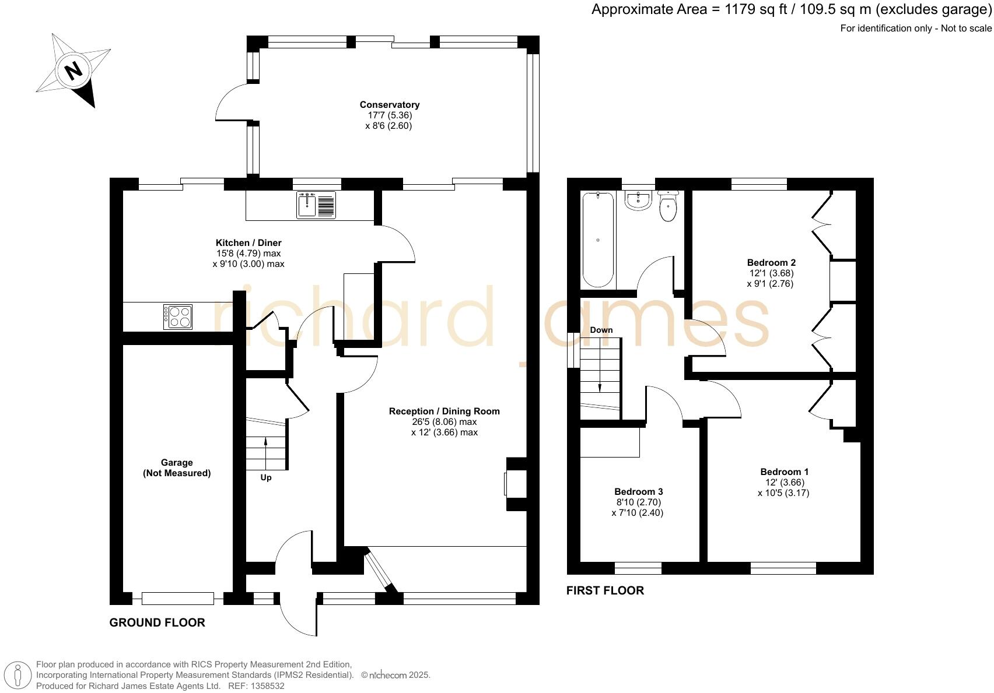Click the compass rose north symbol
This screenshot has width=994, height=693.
[73, 71]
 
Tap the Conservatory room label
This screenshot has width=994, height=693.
[389, 105]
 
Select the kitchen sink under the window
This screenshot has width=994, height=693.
[316, 205]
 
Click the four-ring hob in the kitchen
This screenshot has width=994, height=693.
[178, 317]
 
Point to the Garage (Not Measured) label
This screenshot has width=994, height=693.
[177, 468]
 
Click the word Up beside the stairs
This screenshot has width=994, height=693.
[266, 477]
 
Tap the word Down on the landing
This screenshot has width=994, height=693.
[601, 330]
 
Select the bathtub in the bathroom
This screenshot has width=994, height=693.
[598, 239]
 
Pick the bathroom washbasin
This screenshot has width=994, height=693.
[638, 200]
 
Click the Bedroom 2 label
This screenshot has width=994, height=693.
[771, 262]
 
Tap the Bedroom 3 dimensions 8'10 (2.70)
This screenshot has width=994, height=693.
[638, 502]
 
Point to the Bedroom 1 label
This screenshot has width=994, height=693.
[784, 472]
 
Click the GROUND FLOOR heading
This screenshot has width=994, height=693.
[157, 622]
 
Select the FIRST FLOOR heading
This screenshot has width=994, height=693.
[605, 590]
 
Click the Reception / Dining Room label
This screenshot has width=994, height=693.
[444, 411]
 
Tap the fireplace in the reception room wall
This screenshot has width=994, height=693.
[516, 484]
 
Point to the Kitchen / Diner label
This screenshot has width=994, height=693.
[249, 242]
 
